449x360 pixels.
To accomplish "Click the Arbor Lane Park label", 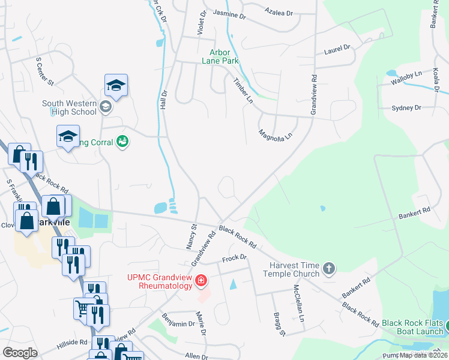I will pos(224,56).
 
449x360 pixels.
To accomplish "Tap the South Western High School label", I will pos(69,107).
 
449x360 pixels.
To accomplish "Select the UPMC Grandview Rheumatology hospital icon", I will pos(201,280).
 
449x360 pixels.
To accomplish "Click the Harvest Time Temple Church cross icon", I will pos(328,268).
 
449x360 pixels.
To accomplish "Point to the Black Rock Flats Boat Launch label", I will pos(413,327).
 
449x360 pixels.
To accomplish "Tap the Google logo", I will pos(20,352).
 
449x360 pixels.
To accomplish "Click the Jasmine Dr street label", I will pos(229,14).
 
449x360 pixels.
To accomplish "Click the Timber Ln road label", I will pos(243,90).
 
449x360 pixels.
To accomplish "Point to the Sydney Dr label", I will pos(406,107).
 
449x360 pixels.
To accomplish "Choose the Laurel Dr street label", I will pos(337,49).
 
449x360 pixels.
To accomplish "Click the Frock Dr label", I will pos(235,257).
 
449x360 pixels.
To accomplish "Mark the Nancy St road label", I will pos(191,236).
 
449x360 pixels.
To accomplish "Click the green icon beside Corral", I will pos(123,142).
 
